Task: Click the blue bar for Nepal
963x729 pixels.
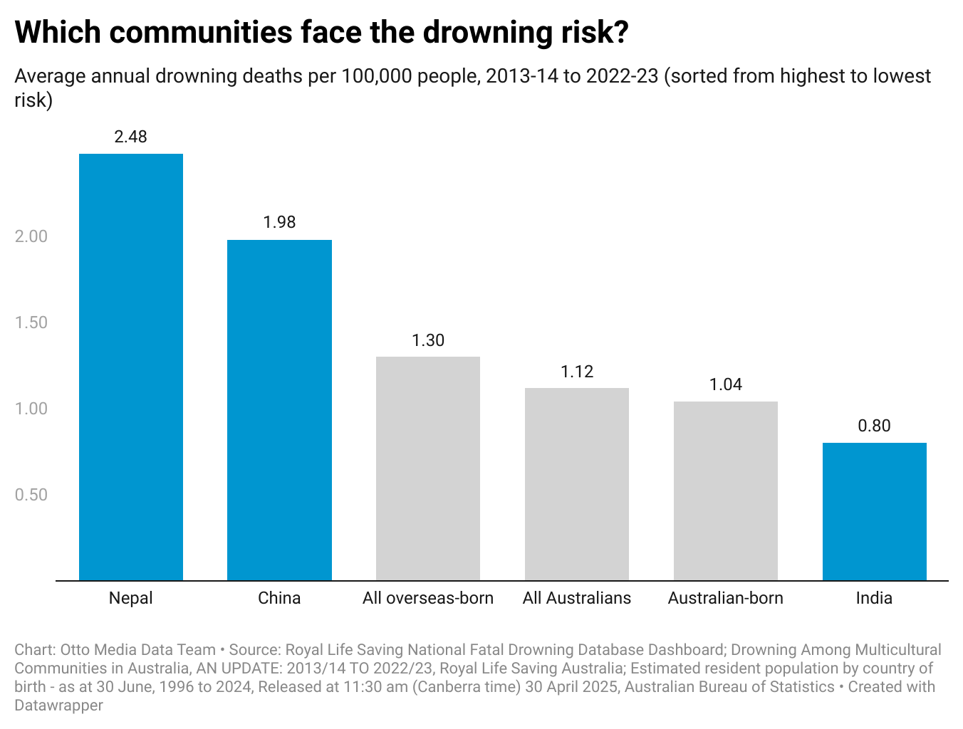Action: click(x=131, y=367)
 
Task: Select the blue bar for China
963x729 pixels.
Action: click(x=279, y=410)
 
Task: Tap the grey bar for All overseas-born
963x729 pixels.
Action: click(x=428, y=468)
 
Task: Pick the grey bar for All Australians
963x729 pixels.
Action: click(x=577, y=484)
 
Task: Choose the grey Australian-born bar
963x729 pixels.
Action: click(x=726, y=491)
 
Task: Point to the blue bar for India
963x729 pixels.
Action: click(x=875, y=511)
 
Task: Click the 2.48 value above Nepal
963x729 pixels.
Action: click(x=131, y=137)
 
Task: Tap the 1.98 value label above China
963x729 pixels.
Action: click(x=279, y=222)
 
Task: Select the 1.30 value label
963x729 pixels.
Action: click(x=428, y=340)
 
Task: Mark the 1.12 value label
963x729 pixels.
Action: click(x=577, y=372)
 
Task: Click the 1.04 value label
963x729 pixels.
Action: click(x=726, y=384)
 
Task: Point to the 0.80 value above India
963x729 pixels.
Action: click(x=875, y=426)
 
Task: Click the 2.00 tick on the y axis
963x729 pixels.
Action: click(x=31, y=236)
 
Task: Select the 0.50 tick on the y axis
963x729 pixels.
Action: click(x=31, y=495)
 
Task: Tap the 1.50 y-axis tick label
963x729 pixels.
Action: click(x=31, y=322)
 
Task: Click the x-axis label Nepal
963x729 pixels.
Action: click(x=131, y=598)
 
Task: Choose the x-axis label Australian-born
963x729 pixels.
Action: click(x=726, y=598)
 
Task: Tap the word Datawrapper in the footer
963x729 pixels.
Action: click(x=59, y=706)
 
